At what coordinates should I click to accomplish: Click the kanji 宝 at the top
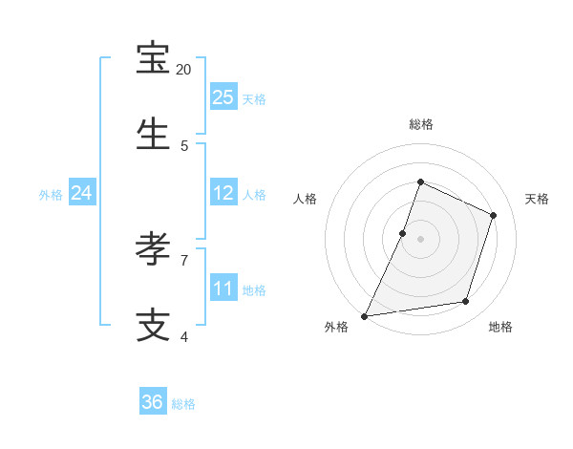tap(154, 59)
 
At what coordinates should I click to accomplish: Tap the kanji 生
tap(154, 135)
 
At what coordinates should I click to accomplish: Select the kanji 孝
tap(154, 249)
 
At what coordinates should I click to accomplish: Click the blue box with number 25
tap(223, 96)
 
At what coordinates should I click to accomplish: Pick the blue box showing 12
tap(223, 193)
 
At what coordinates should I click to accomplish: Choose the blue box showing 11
tap(223, 288)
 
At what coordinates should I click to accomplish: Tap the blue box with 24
tap(81, 193)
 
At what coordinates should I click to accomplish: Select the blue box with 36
tap(153, 402)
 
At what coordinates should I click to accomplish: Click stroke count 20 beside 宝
tap(184, 70)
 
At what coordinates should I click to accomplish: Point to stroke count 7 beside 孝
tap(184, 260)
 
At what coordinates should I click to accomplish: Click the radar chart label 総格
tap(420, 124)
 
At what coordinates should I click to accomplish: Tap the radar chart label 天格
tap(537, 199)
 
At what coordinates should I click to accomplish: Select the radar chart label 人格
tap(306, 199)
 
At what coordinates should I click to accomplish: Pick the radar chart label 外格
tap(336, 328)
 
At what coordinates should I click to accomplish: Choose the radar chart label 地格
tap(500, 328)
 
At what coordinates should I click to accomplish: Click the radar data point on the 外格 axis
tap(365, 315)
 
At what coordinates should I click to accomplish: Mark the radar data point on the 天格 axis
tap(494, 215)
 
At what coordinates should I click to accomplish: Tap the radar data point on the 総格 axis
tap(420, 182)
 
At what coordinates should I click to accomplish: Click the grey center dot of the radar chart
tap(420, 239)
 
